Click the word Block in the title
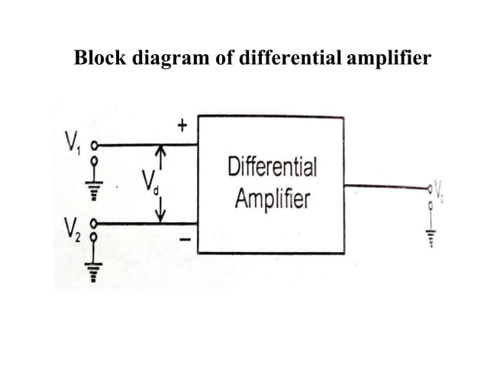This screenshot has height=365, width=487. pyautogui.click(x=98, y=58)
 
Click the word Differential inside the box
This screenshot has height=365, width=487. pyautogui.click(x=272, y=167)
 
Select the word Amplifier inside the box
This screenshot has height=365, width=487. pyautogui.click(x=272, y=200)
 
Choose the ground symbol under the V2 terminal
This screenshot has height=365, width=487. pyautogui.click(x=95, y=271)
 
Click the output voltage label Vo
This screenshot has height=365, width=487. pyautogui.click(x=439, y=186)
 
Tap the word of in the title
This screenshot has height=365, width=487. pyautogui.click(x=214, y=58)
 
